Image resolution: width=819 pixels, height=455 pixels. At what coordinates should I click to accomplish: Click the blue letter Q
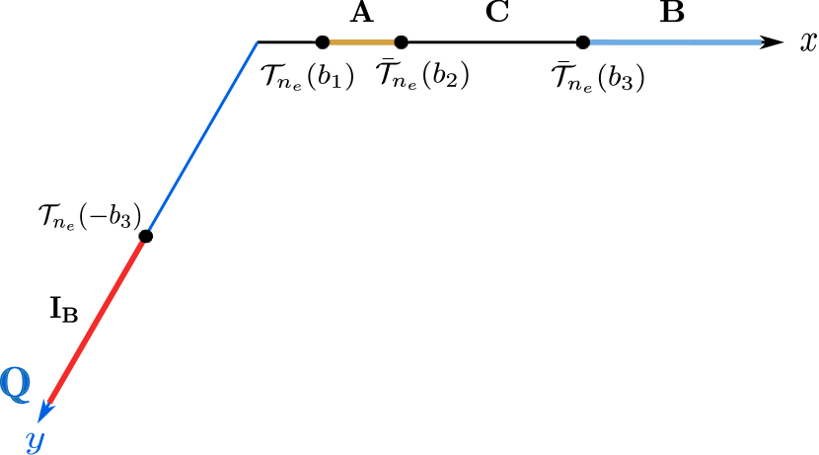[15, 383]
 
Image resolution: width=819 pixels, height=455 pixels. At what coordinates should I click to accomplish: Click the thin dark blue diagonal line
[201, 139]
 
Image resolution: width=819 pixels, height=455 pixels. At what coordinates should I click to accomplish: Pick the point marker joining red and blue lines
[146, 235]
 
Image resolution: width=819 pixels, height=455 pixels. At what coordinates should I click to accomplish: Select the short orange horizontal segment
[361, 42]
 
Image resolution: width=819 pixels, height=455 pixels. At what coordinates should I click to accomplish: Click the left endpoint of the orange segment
[322, 42]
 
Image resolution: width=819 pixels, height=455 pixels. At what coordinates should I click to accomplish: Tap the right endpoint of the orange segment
[401, 42]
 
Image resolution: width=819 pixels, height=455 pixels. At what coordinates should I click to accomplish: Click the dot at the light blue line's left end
[583, 42]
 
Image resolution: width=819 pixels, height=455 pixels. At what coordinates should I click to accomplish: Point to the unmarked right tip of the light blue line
[761, 42]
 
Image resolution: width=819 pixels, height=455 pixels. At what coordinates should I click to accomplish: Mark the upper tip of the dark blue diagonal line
[257, 43]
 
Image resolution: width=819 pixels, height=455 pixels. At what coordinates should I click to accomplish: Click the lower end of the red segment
[49, 403]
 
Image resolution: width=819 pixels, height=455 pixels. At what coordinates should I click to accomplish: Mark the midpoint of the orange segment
[361, 42]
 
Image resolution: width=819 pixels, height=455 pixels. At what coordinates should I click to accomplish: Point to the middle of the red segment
[98, 319]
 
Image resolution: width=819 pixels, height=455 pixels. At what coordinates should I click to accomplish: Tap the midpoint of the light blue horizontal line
[672, 42]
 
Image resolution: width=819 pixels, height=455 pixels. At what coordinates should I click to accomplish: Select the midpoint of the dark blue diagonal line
[201, 139]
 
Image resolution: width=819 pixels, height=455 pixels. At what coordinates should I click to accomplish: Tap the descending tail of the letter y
[31, 450]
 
